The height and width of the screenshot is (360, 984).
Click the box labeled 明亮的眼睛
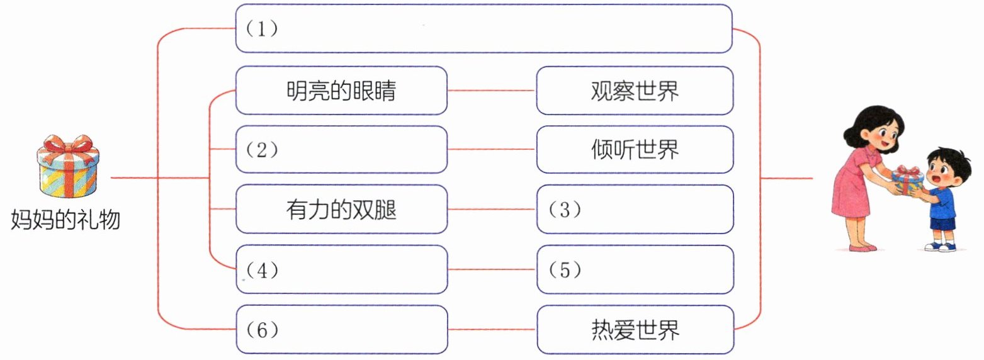coord(341,91)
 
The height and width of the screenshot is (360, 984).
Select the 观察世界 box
coord(635,91)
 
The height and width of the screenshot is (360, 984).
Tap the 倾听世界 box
coord(635,150)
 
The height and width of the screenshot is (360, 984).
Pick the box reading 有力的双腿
coord(341,209)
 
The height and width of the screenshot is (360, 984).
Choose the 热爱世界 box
coord(635,329)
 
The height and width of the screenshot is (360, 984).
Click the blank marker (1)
coord(262,29)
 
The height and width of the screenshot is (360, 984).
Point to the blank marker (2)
coord(262,150)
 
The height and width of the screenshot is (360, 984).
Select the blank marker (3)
coord(565,210)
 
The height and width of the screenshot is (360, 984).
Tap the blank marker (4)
coord(262,269)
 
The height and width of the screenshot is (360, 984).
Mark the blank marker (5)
coord(565,269)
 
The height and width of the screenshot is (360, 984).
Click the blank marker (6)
coord(262,329)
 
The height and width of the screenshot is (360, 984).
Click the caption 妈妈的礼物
coord(65,220)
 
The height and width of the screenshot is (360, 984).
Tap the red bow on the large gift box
coord(68,145)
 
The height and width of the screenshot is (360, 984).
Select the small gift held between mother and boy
coord(908,180)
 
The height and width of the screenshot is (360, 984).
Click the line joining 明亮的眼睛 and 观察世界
coord(492,91)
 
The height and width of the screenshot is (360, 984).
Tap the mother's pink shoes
coord(862,247)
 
